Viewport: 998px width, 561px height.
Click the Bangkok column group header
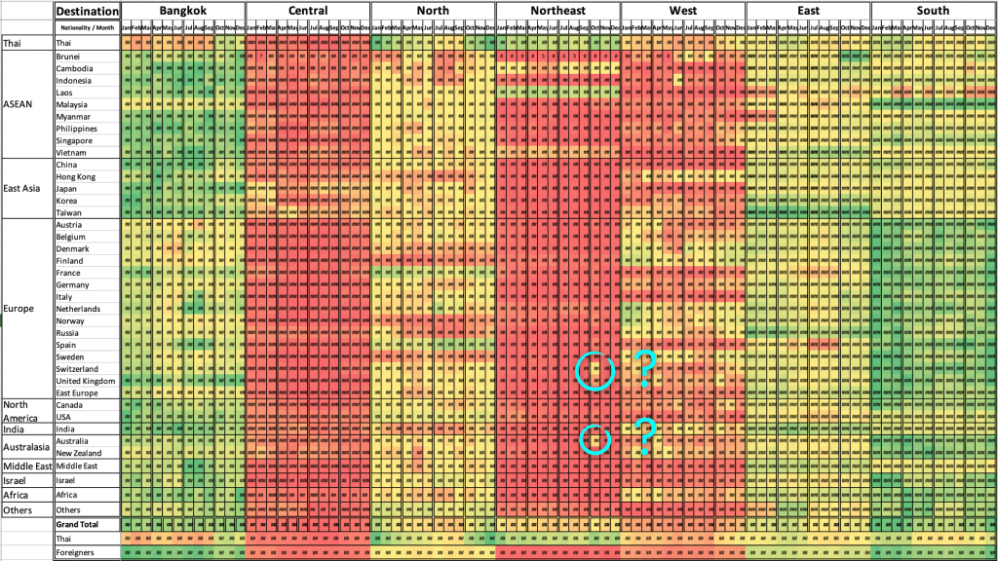pyautogui.click(x=183, y=11)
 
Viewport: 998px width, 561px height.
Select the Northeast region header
pyautogui.click(x=557, y=11)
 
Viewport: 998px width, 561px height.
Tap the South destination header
pyautogui.click(x=933, y=11)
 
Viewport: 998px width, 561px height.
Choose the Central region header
pyautogui.click(x=308, y=11)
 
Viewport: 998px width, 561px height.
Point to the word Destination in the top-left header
pyautogui.click(x=88, y=11)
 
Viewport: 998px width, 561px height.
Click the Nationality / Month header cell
pyautogui.click(x=88, y=27)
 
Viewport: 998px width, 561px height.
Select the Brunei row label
pyautogui.click(x=68, y=56)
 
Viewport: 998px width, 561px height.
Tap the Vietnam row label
pyautogui.click(x=70, y=153)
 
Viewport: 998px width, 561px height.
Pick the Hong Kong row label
pyautogui.click(x=75, y=176)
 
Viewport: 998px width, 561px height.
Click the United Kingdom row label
pyautogui.click(x=85, y=381)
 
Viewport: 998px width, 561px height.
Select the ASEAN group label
pyautogui.click(x=20, y=104)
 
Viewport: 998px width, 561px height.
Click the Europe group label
pyautogui.click(x=19, y=309)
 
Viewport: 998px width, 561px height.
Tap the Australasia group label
pyautogui.click(x=26, y=447)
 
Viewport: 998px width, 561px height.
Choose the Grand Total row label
pyautogui.click(x=79, y=524)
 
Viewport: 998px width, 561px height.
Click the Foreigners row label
pyautogui.click(x=75, y=552)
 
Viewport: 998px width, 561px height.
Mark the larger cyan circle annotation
pyautogui.click(x=595, y=370)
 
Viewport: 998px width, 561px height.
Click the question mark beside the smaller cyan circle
pyautogui.click(x=644, y=438)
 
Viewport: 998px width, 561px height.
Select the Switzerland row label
pyautogui.click(x=77, y=369)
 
